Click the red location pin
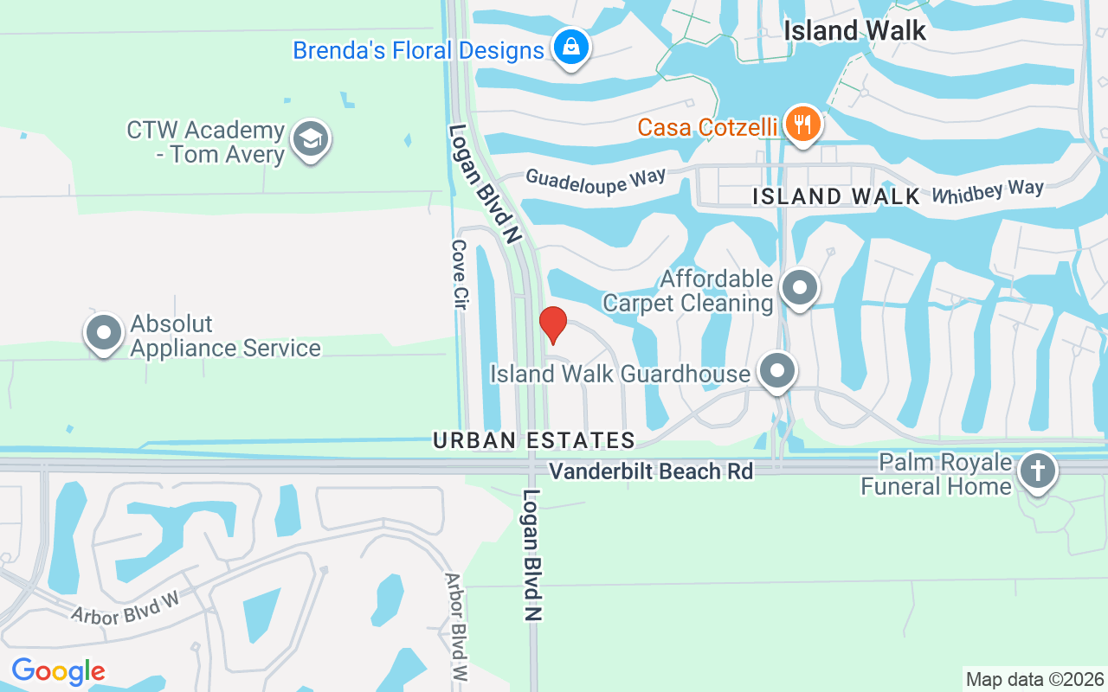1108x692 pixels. coord(552,324)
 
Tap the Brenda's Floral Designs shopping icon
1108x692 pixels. coord(571,48)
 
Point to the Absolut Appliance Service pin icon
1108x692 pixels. coord(104,333)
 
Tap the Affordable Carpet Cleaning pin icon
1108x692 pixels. coord(800,288)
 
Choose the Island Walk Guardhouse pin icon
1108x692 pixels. coord(777,372)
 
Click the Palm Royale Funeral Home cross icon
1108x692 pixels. coord(1036,472)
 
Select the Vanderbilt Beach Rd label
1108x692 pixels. coord(651,471)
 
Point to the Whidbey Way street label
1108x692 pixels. coord(988,191)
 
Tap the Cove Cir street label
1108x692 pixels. coord(459,275)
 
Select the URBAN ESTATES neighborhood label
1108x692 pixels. coord(534,440)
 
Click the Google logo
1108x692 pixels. coord(58,671)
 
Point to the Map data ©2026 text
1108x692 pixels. coord(1035,679)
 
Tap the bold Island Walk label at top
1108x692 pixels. coord(854,31)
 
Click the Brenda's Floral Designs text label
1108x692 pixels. coord(418,50)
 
